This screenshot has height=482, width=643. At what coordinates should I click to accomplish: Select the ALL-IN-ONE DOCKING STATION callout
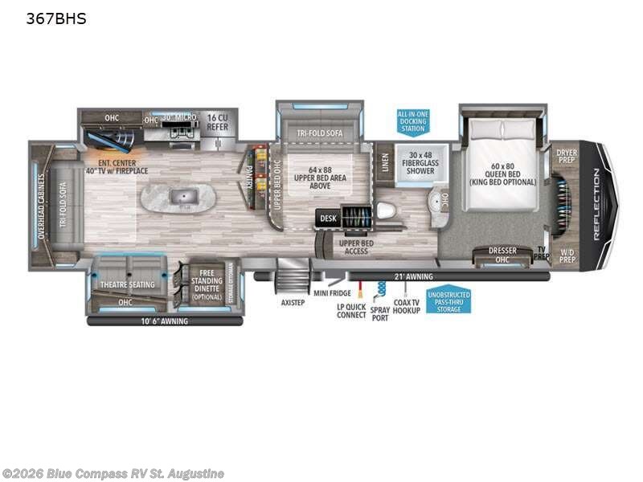[412, 121]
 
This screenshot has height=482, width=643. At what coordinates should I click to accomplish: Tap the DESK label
[327, 217]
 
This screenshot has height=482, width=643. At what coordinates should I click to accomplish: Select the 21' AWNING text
[415, 276]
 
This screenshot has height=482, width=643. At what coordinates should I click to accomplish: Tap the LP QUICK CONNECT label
[351, 310]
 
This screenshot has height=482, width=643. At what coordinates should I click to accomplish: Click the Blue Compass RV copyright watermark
[113, 474]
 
